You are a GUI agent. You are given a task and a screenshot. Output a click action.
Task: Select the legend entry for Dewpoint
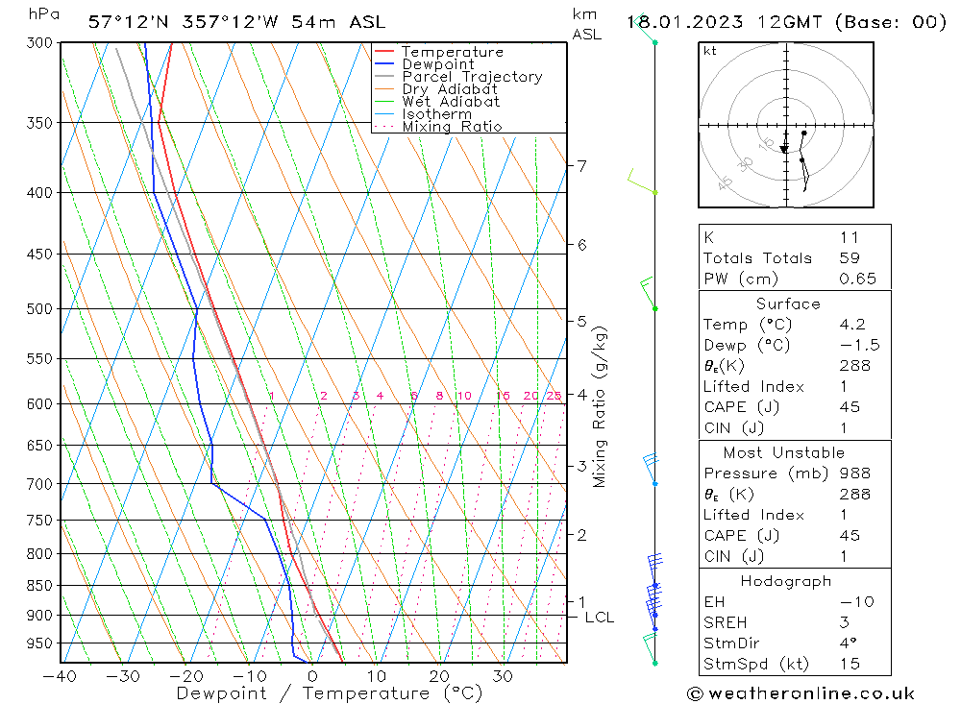[x=438, y=64]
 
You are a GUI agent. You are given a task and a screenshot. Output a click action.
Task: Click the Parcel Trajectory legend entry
[x=472, y=77]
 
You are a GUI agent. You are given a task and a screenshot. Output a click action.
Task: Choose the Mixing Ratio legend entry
[x=452, y=127]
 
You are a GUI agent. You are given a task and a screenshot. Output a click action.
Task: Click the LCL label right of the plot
[x=599, y=618]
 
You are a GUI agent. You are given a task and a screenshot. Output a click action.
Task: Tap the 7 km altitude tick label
[x=581, y=166]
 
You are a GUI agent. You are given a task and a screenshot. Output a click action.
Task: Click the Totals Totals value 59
[x=850, y=258]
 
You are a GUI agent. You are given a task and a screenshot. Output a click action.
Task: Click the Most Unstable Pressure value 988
[x=854, y=473]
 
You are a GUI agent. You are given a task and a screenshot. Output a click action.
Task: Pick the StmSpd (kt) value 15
[x=850, y=664]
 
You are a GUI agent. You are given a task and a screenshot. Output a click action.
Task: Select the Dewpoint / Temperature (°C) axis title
[x=330, y=693]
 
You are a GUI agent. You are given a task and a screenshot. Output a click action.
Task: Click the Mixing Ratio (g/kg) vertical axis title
[x=601, y=406]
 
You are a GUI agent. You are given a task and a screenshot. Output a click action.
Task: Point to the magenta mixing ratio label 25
[x=554, y=396]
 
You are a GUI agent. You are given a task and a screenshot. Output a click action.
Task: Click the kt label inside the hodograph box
[x=710, y=51]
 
